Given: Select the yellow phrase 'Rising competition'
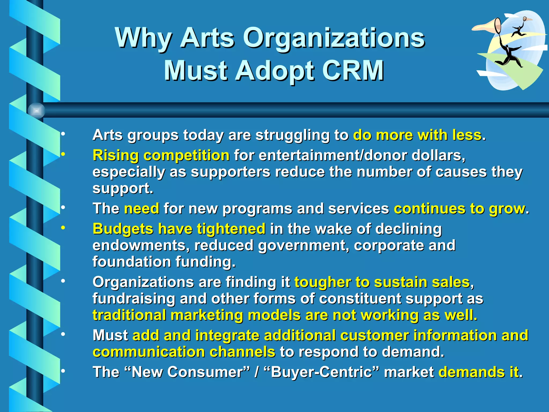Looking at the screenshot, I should (161, 155).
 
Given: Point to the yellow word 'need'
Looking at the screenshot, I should (142, 209).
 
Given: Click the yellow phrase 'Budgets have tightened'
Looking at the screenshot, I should (179, 229).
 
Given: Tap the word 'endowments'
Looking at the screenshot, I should (141, 245).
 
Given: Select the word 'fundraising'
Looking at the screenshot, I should (134, 299).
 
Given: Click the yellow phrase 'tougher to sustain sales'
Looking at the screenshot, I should (382, 282).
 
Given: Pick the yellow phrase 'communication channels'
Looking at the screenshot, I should (184, 352).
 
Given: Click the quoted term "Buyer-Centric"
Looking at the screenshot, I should (322, 372).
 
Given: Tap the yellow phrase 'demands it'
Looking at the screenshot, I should (478, 372).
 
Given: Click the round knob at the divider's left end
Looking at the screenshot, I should (36, 111).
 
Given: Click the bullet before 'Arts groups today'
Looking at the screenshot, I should (63, 134).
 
